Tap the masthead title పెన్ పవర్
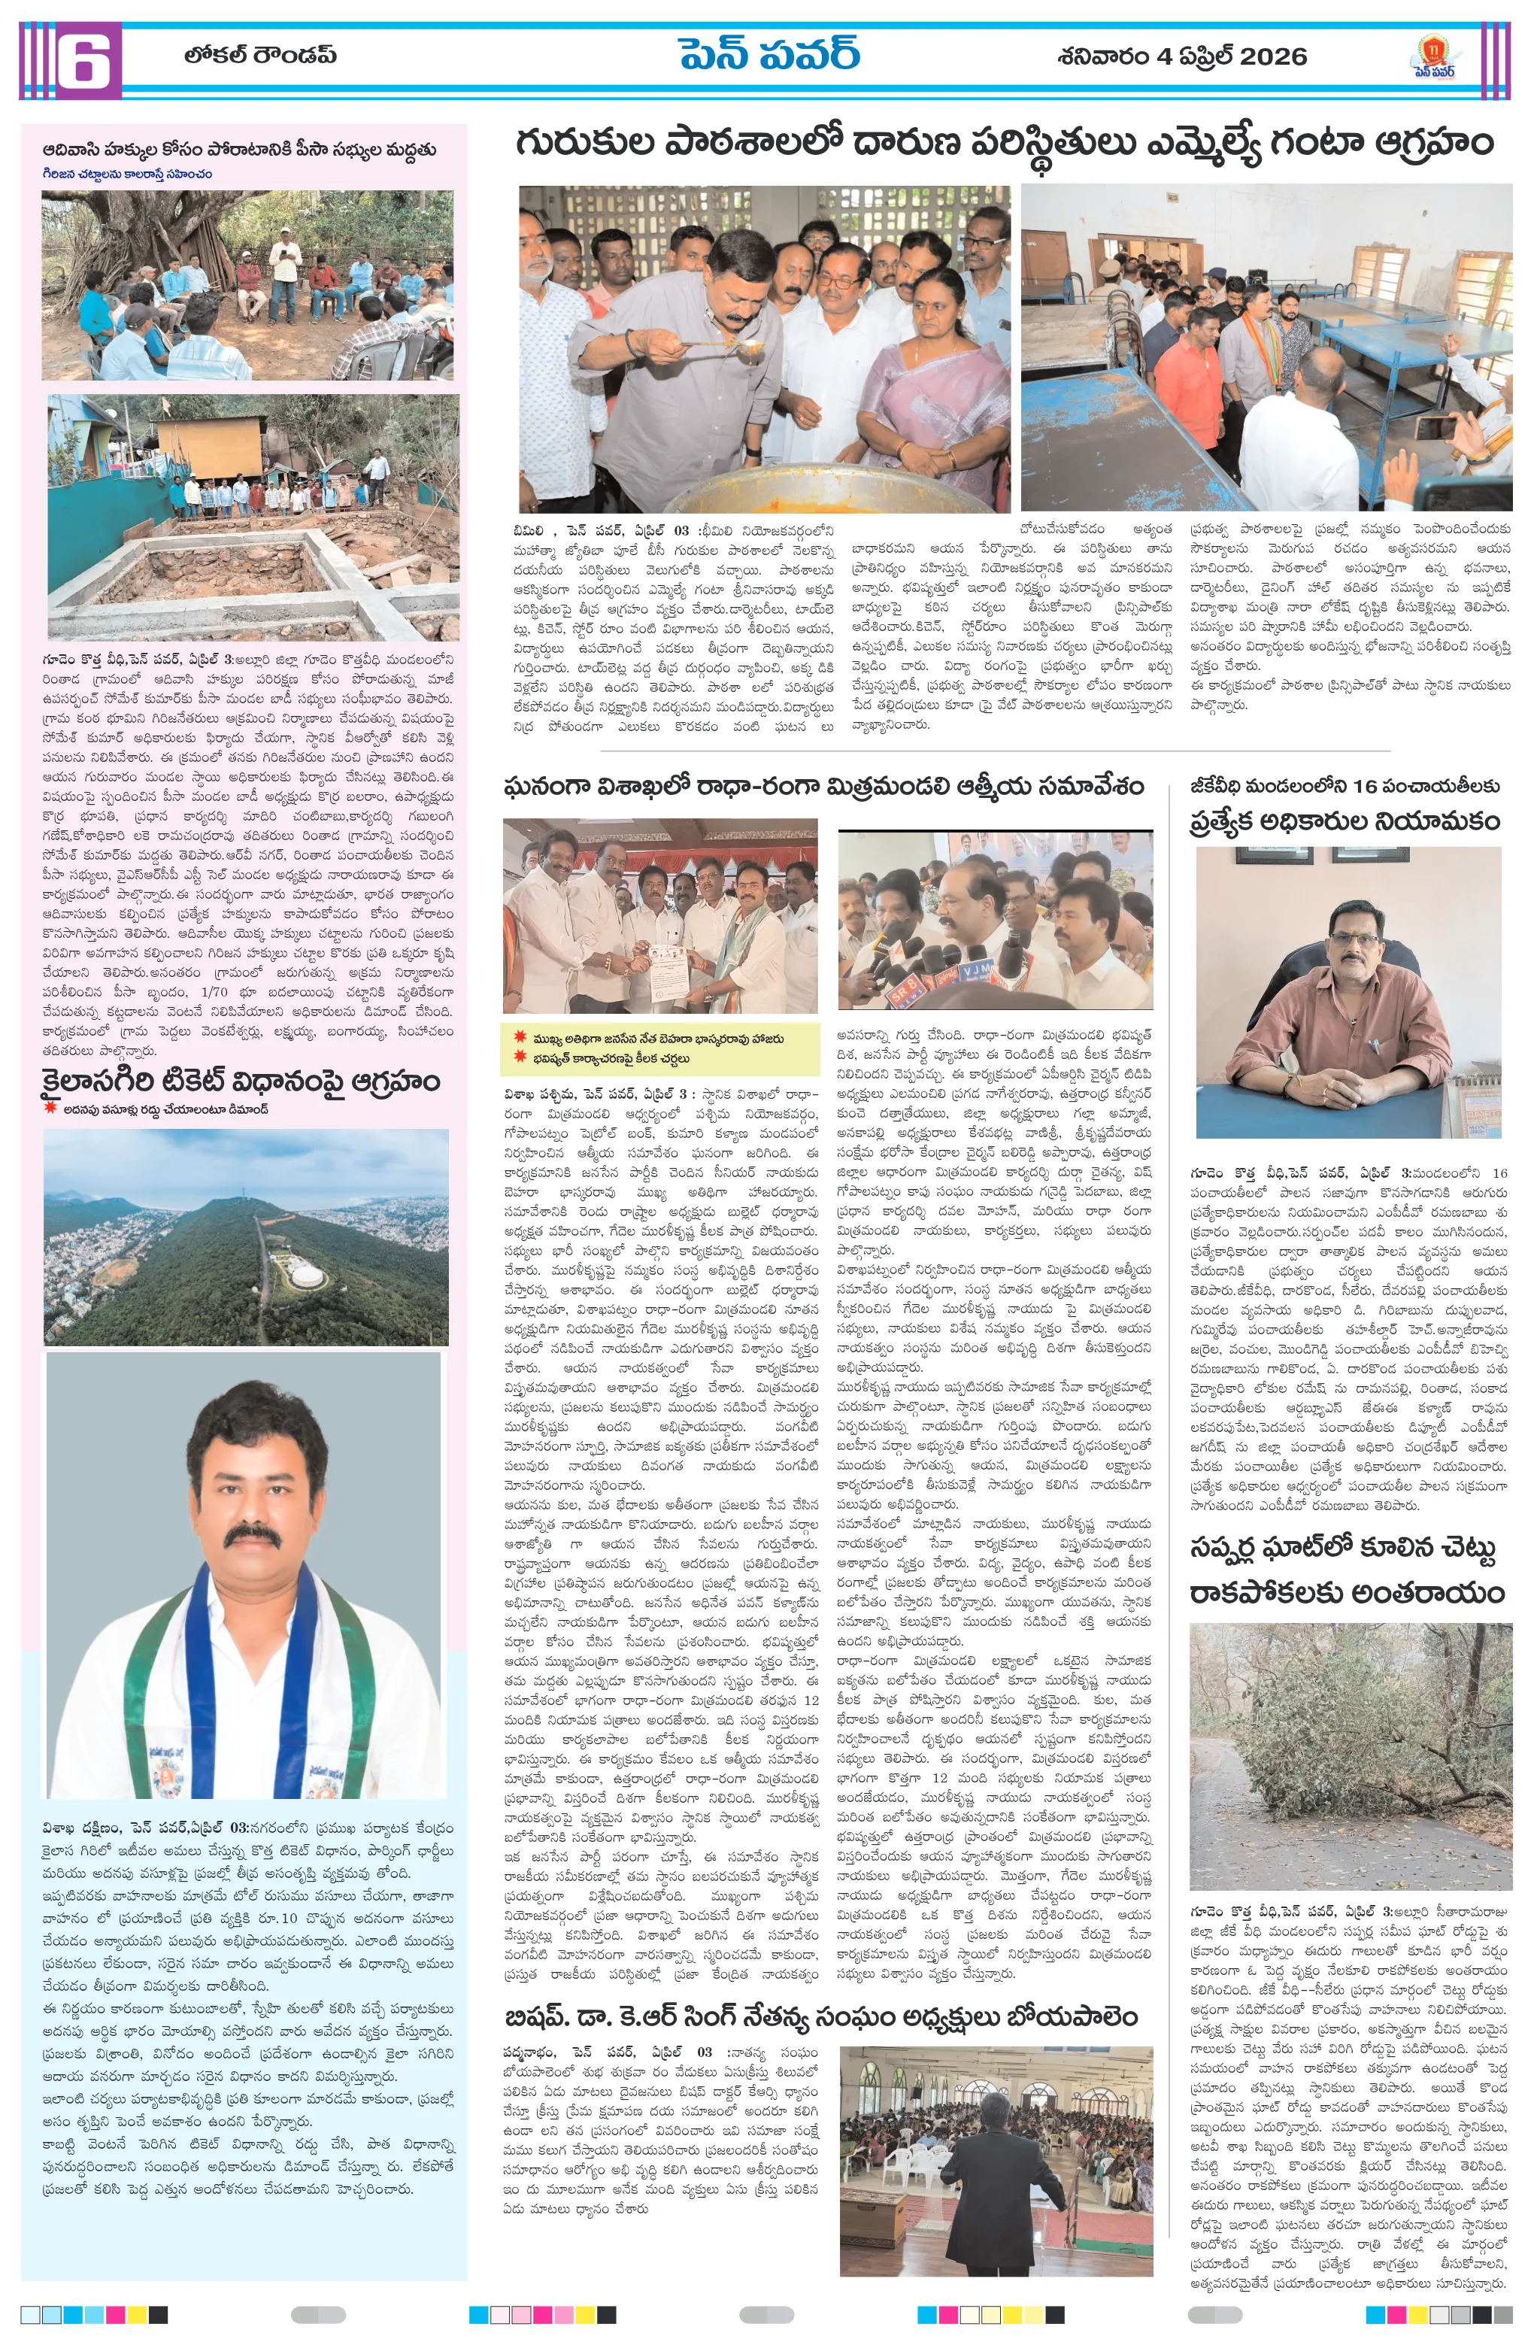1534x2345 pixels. (769, 55)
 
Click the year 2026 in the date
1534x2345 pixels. (1273, 57)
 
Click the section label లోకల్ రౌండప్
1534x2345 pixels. (260, 55)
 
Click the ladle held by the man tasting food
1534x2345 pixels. (724, 346)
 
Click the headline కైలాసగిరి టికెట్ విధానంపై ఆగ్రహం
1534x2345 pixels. (241, 1081)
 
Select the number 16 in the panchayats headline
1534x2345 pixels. (1365, 785)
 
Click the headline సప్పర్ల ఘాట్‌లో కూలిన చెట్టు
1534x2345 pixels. (1343, 1550)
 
